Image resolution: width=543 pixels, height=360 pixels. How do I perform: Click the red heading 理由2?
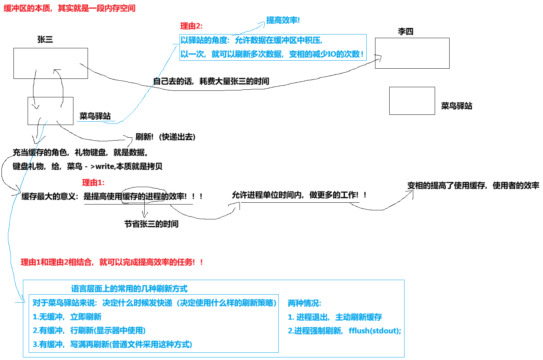191,26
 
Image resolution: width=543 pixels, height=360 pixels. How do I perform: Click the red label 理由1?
93,183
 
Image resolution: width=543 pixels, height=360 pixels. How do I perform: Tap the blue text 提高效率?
283,20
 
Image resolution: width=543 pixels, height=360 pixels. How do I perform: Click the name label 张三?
45,40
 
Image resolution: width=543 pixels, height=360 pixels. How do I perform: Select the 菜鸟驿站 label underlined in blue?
95,116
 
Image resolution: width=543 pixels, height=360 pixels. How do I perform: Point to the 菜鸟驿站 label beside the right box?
456,106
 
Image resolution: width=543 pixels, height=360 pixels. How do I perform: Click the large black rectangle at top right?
412,26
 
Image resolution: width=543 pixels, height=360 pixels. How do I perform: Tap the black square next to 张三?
22,34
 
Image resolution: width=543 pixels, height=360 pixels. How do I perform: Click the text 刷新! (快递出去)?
165,137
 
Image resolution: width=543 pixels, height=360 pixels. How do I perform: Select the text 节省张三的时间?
151,224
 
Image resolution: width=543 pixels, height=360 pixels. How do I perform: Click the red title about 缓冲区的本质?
69,8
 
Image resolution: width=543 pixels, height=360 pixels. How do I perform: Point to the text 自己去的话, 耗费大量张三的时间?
211,81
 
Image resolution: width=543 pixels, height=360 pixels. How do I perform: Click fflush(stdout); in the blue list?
375,331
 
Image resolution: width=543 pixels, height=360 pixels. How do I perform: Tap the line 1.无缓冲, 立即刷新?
67,317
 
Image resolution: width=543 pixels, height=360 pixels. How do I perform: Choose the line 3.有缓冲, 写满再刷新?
112,344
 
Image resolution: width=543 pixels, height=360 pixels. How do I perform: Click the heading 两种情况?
304,303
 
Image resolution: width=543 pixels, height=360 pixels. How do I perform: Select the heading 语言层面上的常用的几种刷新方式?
129,289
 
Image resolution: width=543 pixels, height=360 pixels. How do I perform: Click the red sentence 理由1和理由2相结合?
112,262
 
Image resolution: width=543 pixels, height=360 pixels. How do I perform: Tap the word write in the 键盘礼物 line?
105,166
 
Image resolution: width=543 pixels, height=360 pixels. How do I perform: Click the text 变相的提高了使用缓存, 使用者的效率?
473,186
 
